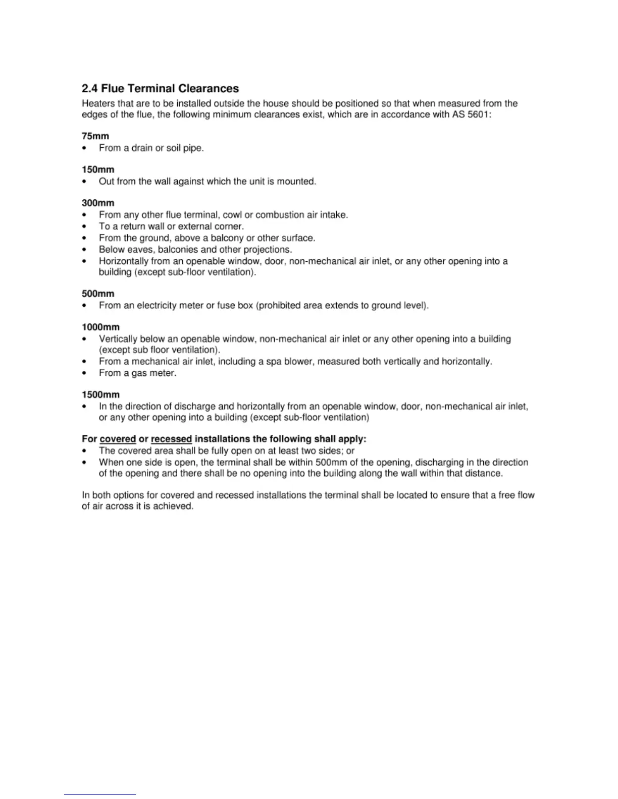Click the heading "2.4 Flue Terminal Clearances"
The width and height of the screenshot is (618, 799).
(160, 89)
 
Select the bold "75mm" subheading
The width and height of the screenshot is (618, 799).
(95, 136)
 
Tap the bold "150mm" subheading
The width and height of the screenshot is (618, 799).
(98, 169)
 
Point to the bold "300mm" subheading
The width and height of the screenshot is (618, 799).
(98, 203)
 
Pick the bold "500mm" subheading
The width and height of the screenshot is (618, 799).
(98, 294)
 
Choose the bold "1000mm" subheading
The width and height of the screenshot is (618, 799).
(100, 327)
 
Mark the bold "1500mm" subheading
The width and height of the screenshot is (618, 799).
(100, 394)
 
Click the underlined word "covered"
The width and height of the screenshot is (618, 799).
(118, 439)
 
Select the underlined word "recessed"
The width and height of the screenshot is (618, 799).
(171, 439)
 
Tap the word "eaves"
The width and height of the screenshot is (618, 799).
(141, 249)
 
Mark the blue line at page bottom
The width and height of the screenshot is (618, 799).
(100, 794)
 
